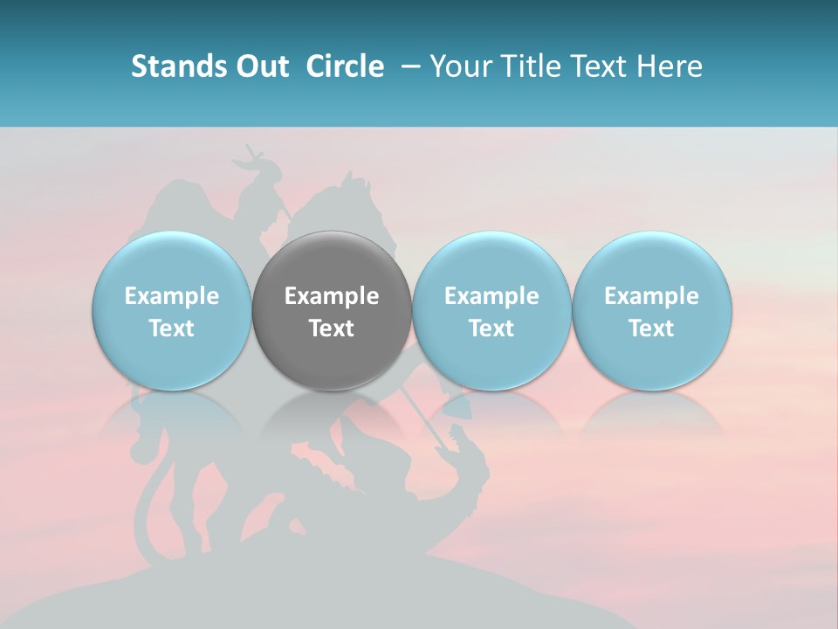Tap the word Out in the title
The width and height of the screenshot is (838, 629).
click(x=260, y=66)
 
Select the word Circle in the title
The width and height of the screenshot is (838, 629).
click(x=345, y=66)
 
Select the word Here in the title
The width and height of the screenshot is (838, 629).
click(x=668, y=66)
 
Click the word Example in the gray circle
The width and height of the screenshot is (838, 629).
click(x=332, y=296)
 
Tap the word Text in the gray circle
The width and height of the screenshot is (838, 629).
click(x=332, y=328)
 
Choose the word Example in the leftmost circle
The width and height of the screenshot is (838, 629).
click(x=172, y=296)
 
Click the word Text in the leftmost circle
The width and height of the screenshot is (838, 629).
click(x=172, y=328)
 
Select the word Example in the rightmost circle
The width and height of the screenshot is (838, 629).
click(x=651, y=296)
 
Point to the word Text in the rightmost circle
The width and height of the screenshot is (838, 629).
click(x=651, y=328)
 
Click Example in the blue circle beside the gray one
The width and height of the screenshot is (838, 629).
click(x=491, y=296)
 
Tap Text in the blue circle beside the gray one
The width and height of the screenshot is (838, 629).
click(x=491, y=328)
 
